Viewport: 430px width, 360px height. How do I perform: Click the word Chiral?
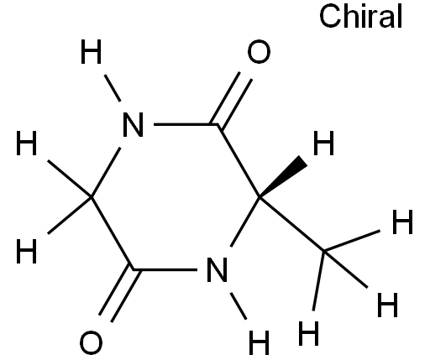[x=360, y=16]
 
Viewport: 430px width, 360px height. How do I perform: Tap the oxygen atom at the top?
[x=259, y=51]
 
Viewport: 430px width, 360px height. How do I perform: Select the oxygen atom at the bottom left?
[x=91, y=342]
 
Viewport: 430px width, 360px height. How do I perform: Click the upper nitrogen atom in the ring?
[x=134, y=124]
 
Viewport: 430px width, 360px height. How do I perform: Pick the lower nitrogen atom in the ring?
[x=217, y=269]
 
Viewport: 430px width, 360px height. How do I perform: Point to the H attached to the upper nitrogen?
[x=91, y=52]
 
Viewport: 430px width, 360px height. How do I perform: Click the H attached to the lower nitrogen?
[x=259, y=342]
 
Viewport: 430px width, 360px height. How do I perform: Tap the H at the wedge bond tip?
[x=323, y=143]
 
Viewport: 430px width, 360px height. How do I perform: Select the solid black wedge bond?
[x=283, y=177]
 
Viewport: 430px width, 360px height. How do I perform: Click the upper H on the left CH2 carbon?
[x=27, y=143]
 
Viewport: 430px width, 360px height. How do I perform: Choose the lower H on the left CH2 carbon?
[x=27, y=251]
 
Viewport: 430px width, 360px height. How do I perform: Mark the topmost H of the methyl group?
[x=402, y=222]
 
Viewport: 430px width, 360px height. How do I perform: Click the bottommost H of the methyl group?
[x=308, y=333]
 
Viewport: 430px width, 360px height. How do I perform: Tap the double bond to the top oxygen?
[x=231, y=100]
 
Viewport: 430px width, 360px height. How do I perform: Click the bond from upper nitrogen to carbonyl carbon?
[x=186, y=124]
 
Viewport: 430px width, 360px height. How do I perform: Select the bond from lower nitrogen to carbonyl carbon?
[x=165, y=269]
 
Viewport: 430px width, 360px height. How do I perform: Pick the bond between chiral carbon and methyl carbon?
[x=291, y=224]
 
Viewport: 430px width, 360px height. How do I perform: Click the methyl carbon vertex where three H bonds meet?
[x=324, y=251]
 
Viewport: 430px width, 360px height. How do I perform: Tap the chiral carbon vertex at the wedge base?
[x=260, y=197]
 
